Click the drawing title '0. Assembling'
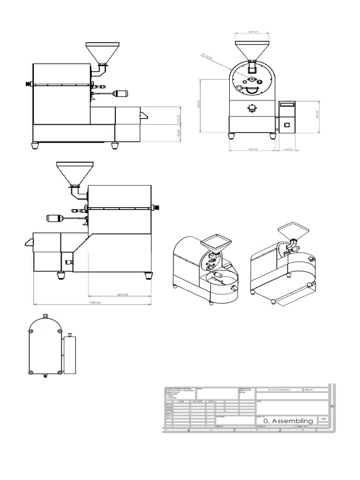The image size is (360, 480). tap(288, 421)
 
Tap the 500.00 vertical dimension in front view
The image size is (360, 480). tap(199, 106)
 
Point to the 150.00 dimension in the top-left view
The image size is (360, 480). tap(178, 134)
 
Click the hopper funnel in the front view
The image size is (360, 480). tap(252, 50)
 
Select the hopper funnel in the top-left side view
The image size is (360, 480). tap(103, 53)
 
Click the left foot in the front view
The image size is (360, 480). tap(232, 135)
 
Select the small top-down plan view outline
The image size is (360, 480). tap(45, 346)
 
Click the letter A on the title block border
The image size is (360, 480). tap(332, 406)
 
